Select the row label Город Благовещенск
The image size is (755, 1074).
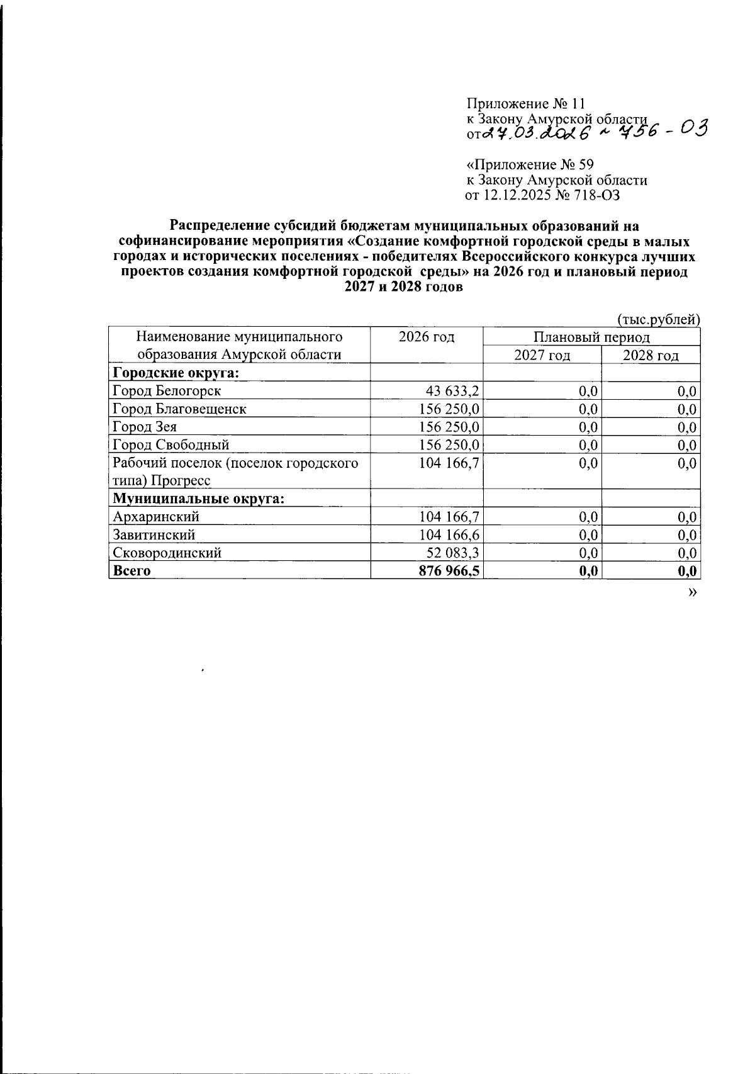pyautogui.click(x=179, y=409)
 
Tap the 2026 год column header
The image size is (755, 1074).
pyautogui.click(x=427, y=337)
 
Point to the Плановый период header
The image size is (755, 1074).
pyautogui.click(x=591, y=337)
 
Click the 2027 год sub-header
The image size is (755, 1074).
pyautogui.click(x=542, y=355)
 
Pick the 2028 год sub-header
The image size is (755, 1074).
pyautogui.click(x=651, y=355)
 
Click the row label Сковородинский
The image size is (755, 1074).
pyautogui.click(x=167, y=553)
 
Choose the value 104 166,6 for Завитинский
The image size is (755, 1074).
pyautogui.click(x=449, y=534)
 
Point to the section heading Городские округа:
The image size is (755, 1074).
pyautogui.click(x=178, y=373)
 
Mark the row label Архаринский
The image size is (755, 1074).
pyautogui.click(x=156, y=517)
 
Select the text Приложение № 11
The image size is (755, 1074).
pyautogui.click(x=525, y=104)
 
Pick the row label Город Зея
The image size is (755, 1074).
pyautogui.click(x=145, y=427)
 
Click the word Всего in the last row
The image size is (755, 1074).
pyautogui.click(x=131, y=571)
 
